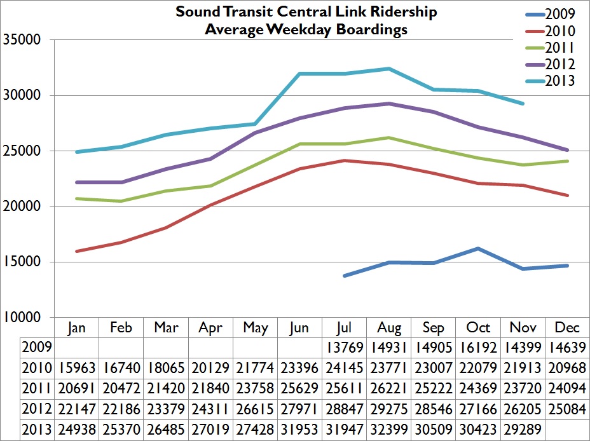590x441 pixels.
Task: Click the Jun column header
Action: point(299,327)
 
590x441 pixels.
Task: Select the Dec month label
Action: point(568,327)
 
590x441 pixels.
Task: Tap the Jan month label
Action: point(76,327)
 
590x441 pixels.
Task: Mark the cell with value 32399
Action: point(389,430)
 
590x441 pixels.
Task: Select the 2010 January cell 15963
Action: point(76,368)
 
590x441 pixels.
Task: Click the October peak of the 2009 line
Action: point(479,248)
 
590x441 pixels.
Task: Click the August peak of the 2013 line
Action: point(389,69)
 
